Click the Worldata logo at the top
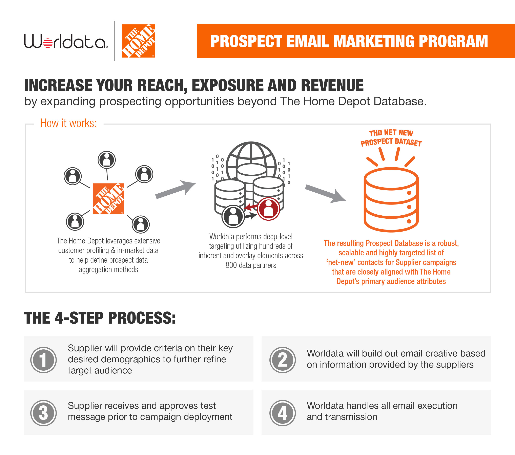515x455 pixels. click(x=66, y=41)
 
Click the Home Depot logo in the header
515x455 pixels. click(x=138, y=41)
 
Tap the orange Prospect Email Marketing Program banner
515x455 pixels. click(x=356, y=41)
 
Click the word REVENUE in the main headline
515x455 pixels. click(x=332, y=85)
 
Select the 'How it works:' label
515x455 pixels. click(x=68, y=123)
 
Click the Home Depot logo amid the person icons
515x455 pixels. click(x=108, y=199)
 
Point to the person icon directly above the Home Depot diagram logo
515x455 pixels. click(x=107, y=160)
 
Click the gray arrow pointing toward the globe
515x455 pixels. click(x=176, y=190)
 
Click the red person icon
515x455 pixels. click(x=269, y=209)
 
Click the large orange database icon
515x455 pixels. click(x=391, y=199)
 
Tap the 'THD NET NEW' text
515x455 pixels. click(x=391, y=133)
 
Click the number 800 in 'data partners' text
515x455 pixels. click(x=231, y=265)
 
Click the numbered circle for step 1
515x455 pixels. click(x=43, y=360)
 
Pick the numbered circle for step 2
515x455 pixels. click(x=283, y=360)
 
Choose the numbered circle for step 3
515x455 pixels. click(x=43, y=413)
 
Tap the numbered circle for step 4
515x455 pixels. click(x=283, y=413)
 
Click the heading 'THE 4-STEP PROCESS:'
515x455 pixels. click(x=100, y=318)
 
